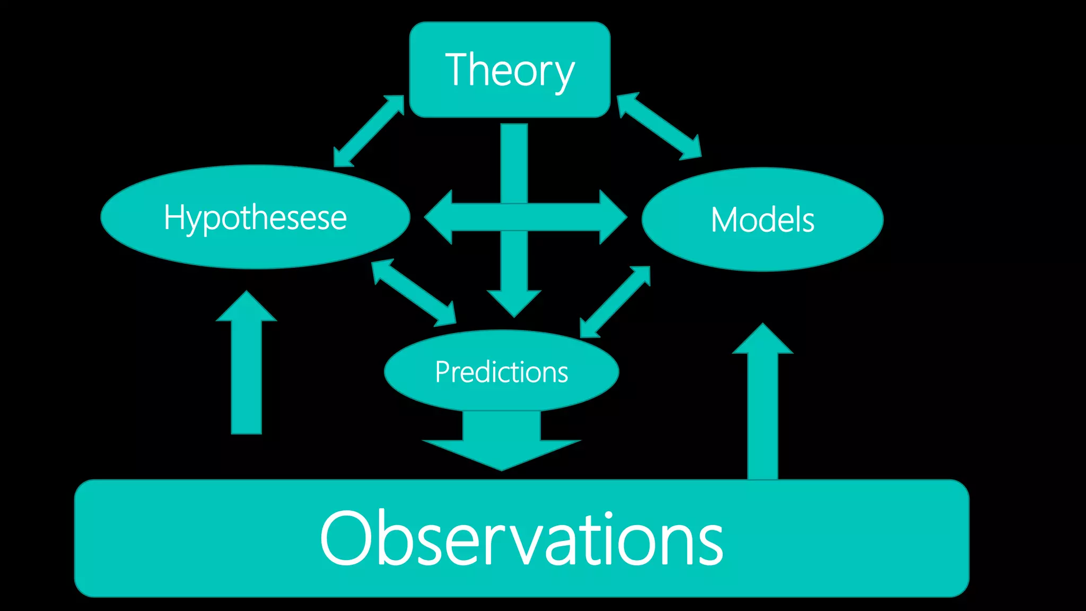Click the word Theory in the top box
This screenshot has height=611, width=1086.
(x=510, y=71)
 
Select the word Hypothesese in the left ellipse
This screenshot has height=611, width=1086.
(x=255, y=217)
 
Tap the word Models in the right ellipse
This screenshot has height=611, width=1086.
(x=762, y=220)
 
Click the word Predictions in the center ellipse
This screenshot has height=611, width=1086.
(x=501, y=372)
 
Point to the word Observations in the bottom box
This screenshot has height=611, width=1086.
(x=521, y=538)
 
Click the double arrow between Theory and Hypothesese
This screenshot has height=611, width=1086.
(x=369, y=131)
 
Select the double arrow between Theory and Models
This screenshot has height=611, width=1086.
(x=659, y=126)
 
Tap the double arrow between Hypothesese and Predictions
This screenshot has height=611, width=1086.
(x=414, y=292)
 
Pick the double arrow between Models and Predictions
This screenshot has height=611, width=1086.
(x=615, y=301)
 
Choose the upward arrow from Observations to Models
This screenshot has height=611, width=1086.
(x=763, y=403)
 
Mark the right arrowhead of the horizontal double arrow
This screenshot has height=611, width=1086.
(x=613, y=217)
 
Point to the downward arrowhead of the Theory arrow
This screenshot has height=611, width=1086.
(x=514, y=302)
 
